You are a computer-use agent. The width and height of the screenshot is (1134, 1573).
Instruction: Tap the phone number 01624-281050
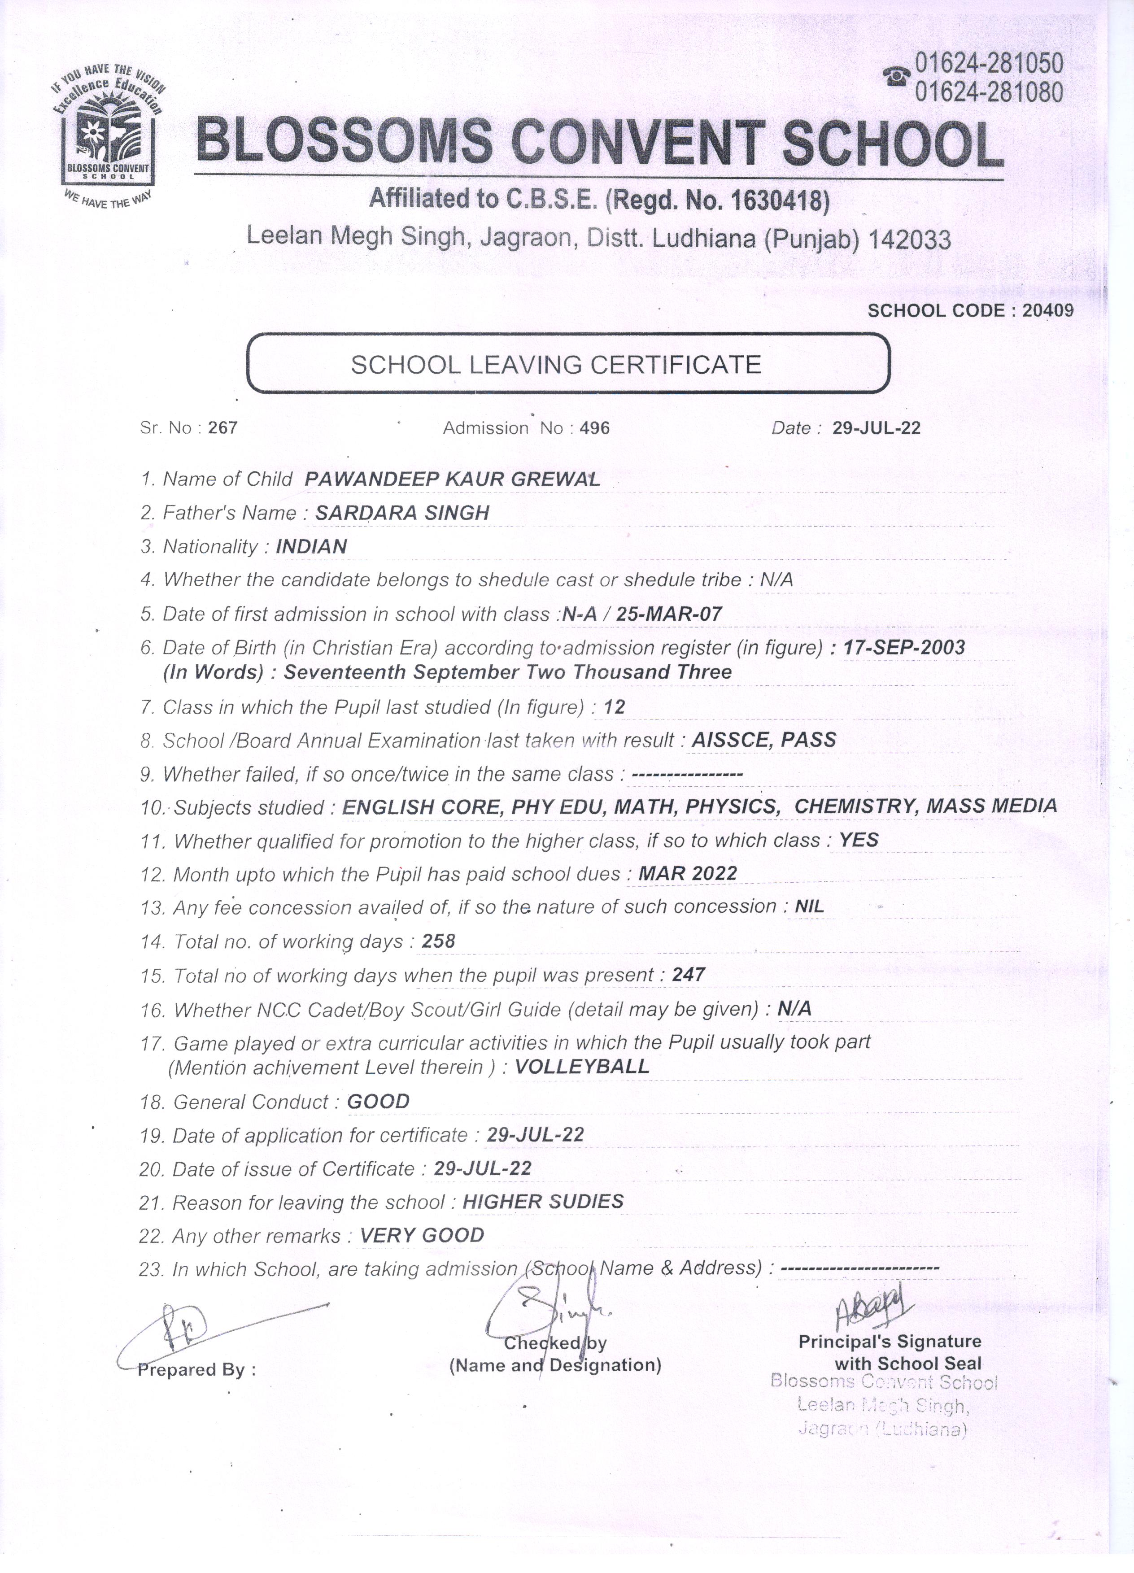(x=988, y=64)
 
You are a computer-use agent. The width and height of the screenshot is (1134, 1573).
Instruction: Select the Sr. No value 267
(x=222, y=428)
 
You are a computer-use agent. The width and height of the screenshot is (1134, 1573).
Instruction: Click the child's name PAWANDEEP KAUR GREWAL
(x=452, y=479)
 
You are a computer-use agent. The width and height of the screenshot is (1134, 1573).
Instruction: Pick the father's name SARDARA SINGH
(x=402, y=513)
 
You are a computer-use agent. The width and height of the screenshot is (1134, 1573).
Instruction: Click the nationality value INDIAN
(x=311, y=546)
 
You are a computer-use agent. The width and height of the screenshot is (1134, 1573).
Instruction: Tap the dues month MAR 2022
(x=687, y=873)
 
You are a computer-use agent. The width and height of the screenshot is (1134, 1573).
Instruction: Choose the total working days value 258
(x=438, y=941)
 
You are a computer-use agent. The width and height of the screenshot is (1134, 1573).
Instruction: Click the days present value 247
(x=688, y=975)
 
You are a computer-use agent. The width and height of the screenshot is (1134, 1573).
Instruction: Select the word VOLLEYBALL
(x=582, y=1067)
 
